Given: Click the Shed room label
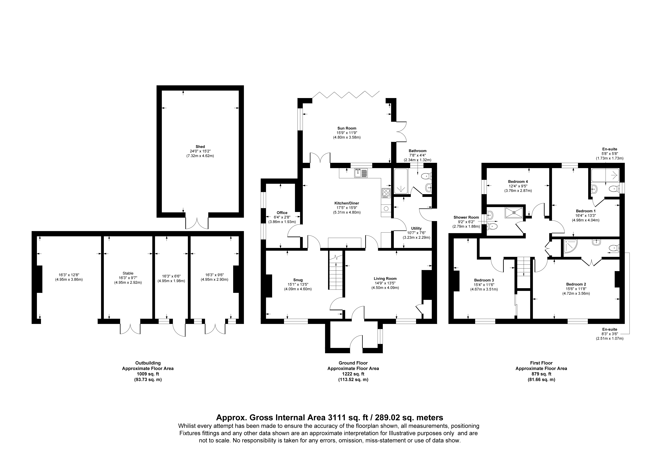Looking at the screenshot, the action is [200, 147].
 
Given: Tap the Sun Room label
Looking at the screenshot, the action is [347, 128].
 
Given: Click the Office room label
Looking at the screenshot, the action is [282, 213].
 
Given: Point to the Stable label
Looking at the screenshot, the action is [128, 273].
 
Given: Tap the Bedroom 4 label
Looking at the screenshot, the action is [518, 182].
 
